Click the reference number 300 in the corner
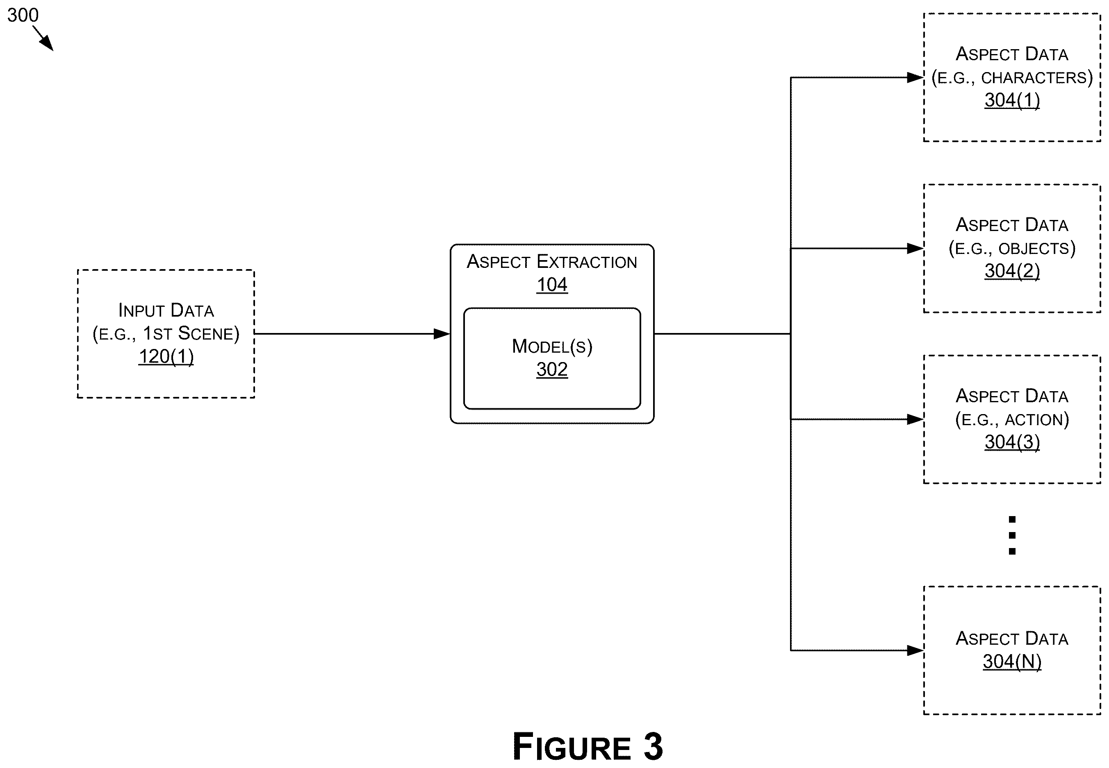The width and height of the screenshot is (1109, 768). tap(23, 16)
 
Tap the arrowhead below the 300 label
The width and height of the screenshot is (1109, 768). tap(47, 44)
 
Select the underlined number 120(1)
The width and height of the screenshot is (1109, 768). tap(166, 357)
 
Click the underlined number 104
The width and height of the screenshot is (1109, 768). tap(552, 284)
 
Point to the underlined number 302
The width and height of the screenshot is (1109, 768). tap(552, 369)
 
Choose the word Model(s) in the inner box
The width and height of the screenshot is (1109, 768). tap(552, 347)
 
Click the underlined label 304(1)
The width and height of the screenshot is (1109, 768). tap(1012, 100)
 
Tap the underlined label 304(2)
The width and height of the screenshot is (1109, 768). tap(1012, 271)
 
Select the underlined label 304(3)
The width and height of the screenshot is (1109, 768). tap(1012, 442)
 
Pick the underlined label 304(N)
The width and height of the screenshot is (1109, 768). tap(1012, 661)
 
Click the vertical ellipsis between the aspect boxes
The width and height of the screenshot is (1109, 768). tap(1012, 535)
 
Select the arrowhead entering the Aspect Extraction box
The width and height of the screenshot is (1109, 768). tap(442, 333)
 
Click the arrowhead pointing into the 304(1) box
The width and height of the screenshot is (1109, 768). tap(915, 77)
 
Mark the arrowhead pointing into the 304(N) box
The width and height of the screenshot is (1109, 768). tap(915, 650)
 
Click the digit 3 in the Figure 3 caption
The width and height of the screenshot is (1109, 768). tap(653, 746)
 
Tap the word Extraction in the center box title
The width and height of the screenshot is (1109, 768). tap(587, 262)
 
